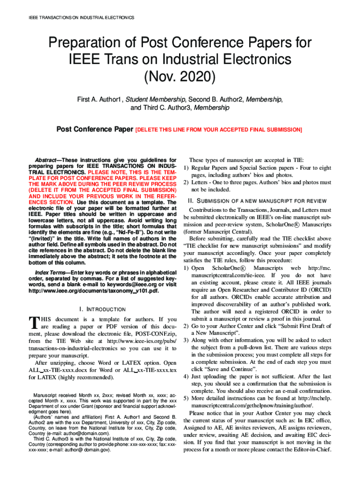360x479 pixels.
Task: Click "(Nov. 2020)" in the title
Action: (180, 75)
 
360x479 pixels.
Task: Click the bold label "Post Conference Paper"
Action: (94, 129)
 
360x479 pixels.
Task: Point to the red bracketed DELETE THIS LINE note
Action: (218, 129)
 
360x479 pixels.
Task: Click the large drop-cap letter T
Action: (33, 323)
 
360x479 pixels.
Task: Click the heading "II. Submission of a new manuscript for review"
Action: (257, 201)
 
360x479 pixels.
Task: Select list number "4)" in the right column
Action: (186, 376)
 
